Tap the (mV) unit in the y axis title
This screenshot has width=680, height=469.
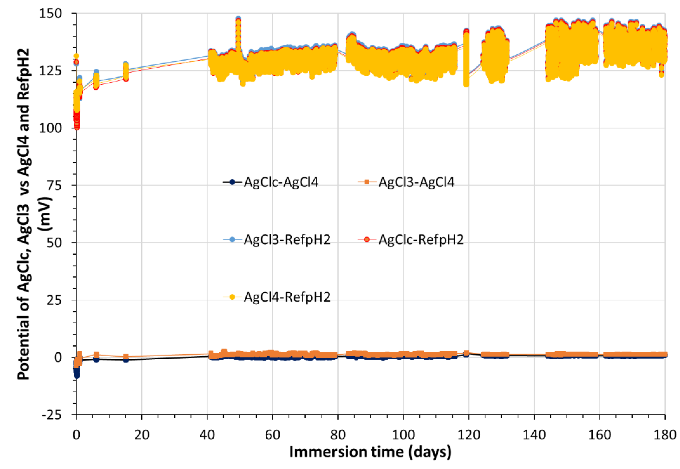pyautogui.click(x=46, y=214)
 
